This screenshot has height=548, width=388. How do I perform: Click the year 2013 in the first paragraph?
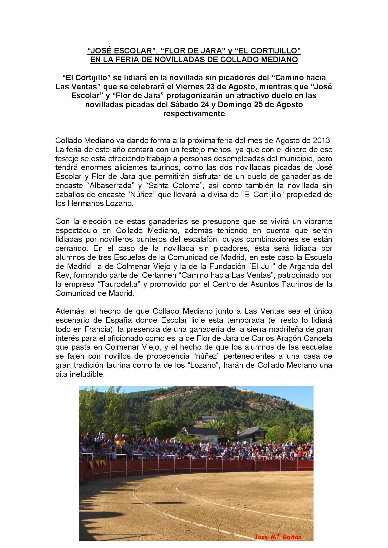pyautogui.click(x=322, y=140)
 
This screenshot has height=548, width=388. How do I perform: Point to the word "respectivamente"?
pyautogui.click(x=194, y=113)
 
